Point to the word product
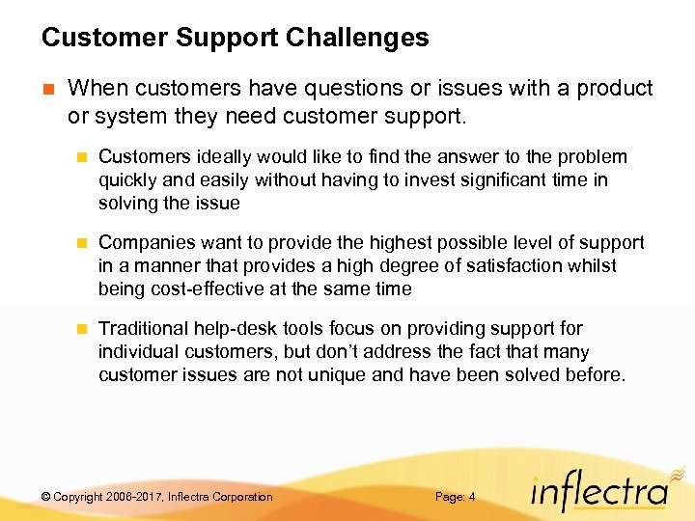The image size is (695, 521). pos(615,89)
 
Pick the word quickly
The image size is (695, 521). pos(130,180)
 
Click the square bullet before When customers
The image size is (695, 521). pos(47,90)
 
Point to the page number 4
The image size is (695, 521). pos(471,497)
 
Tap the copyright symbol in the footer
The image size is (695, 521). pos(45,497)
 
